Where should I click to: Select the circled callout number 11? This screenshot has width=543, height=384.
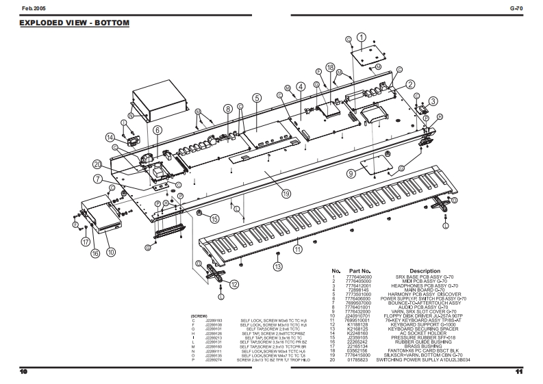(x=298, y=250)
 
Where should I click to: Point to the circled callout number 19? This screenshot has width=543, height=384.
(x=268, y=194)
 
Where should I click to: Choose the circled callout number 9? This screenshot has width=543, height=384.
(x=351, y=174)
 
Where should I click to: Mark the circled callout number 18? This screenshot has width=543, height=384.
(x=330, y=68)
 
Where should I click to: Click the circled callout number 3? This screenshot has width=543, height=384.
(x=433, y=101)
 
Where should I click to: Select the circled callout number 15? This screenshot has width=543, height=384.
(x=214, y=219)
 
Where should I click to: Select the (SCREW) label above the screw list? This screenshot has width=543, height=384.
(x=199, y=316)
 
